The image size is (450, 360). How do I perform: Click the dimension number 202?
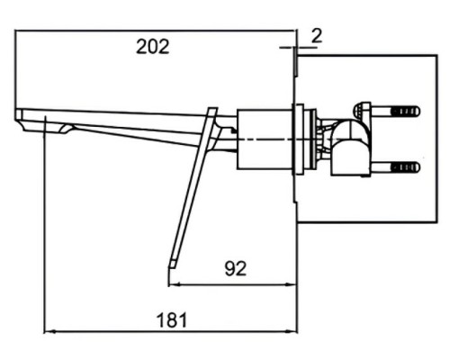point(152,48)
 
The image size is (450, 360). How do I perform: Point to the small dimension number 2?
point(316,35)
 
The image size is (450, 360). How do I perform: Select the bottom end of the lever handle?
point(172,263)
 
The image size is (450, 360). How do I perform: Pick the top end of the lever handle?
point(212,112)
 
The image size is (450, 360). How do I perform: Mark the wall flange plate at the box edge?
point(300,139)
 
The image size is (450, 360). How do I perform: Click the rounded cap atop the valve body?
point(361,110)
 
